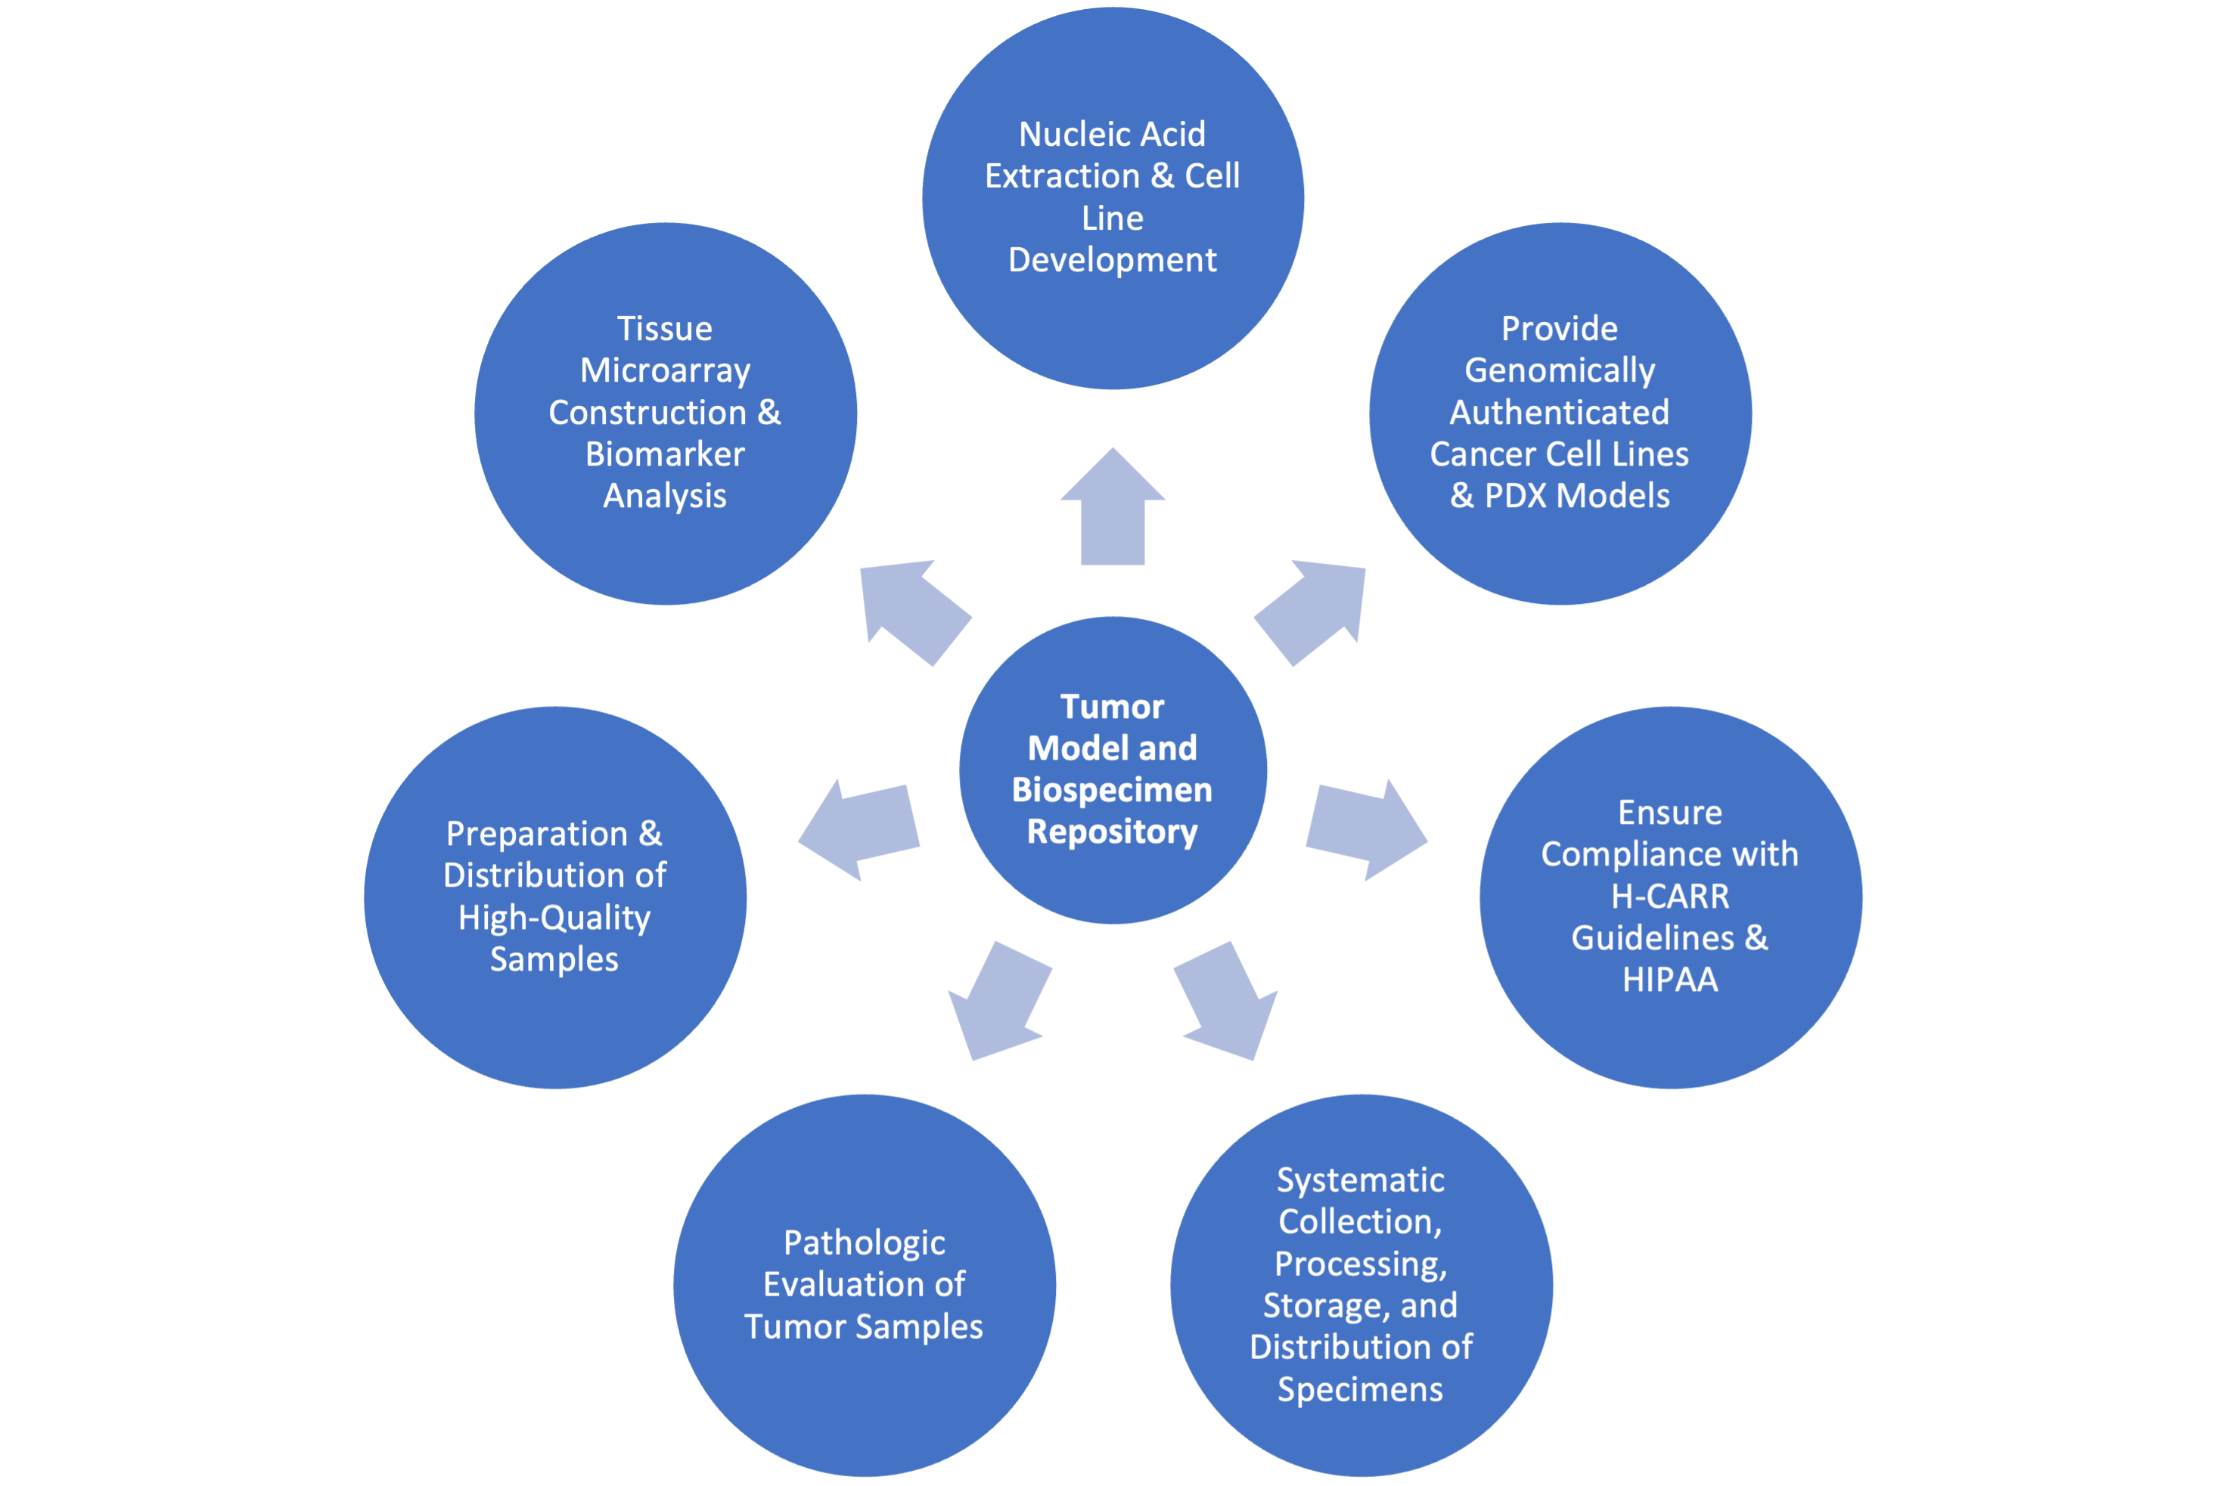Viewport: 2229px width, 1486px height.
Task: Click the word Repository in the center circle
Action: [1112, 832]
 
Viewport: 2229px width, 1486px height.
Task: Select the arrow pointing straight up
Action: [1113, 511]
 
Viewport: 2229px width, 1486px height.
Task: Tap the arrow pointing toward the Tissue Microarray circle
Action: [912, 611]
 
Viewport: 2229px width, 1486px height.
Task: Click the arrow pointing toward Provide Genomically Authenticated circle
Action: [1314, 611]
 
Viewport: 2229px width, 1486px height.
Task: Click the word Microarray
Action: [665, 370]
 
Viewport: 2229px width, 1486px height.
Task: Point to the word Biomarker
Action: [665, 455]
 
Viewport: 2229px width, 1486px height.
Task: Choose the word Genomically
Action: [1560, 370]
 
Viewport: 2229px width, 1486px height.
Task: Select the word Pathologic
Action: [864, 1243]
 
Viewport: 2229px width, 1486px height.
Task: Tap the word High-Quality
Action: [554, 918]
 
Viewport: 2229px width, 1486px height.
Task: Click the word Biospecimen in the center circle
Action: [1112, 791]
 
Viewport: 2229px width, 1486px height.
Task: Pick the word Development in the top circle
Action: [1112, 261]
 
